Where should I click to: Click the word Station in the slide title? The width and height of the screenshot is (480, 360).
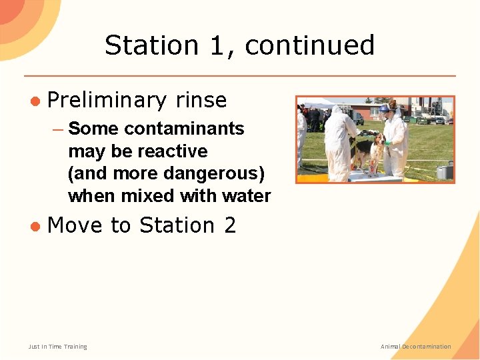pos(151,45)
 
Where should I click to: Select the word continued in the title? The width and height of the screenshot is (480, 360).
pos(309,45)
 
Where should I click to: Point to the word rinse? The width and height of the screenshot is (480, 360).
pos(201,101)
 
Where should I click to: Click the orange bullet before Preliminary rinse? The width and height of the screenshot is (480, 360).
pos(34,101)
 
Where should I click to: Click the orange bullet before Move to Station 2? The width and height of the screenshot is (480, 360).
pos(34,226)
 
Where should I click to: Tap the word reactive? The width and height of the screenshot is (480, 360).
pos(171,151)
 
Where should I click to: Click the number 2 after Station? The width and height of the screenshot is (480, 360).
pos(230,226)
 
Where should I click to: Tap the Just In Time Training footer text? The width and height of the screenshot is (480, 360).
pos(57,347)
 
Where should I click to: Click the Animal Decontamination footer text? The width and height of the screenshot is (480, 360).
pos(415,347)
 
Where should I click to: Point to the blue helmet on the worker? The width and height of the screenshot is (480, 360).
pos(385,108)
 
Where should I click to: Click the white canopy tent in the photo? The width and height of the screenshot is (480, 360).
pos(318,103)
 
